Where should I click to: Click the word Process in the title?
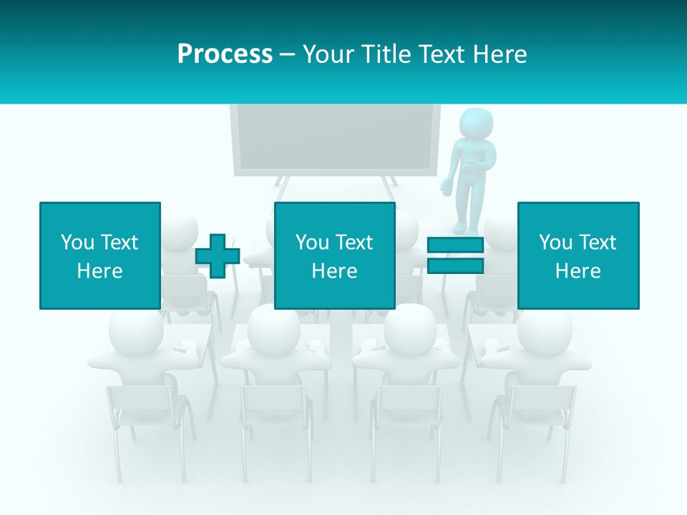(x=225, y=54)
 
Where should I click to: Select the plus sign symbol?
(x=218, y=256)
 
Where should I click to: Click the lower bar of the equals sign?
(x=455, y=266)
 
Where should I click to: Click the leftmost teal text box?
(x=99, y=255)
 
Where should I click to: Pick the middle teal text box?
(x=334, y=255)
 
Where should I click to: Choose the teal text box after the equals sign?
(x=578, y=255)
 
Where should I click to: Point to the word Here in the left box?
(x=99, y=271)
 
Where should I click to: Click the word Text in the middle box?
(x=354, y=242)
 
